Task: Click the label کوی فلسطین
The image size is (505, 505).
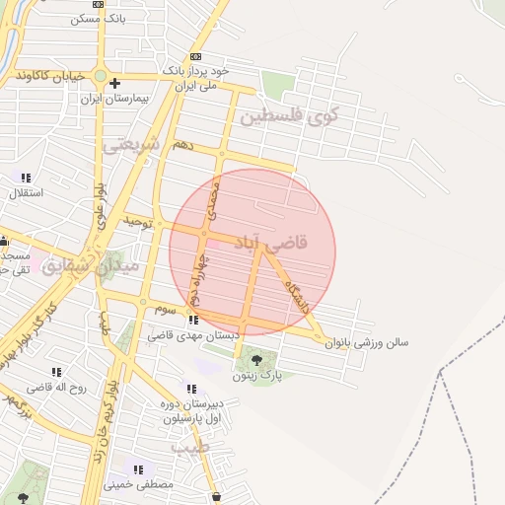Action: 288,116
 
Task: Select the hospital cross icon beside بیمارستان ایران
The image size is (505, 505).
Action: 115,83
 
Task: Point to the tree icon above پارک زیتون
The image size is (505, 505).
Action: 257,359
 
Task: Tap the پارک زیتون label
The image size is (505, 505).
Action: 257,376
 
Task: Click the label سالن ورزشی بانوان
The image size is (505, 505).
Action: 371,343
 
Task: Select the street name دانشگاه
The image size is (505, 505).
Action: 297,294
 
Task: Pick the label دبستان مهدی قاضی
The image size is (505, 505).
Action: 194,336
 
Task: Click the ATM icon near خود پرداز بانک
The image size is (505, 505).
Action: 195,57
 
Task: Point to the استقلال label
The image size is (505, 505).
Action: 25,192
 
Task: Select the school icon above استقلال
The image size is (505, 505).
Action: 26,178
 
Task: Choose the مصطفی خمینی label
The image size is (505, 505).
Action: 138,484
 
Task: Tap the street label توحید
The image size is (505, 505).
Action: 138,223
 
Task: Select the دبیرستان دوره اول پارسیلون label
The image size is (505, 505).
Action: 208,409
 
